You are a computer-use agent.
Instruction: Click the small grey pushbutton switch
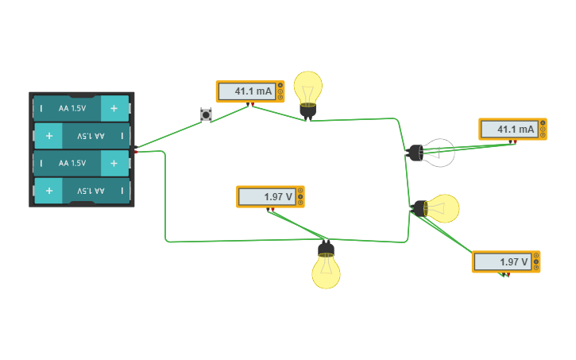206,114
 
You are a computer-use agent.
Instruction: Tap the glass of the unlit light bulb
439,153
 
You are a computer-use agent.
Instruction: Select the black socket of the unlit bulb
416,153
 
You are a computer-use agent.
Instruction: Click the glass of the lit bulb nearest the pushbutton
307,87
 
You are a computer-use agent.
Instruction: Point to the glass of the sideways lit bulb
443,209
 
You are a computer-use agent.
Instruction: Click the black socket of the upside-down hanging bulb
326,250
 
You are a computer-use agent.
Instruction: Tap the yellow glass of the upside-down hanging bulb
326,272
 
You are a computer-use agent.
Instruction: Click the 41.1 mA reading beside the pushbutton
253,91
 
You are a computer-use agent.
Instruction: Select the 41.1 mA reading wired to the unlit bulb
516,130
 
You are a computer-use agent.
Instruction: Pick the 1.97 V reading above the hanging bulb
278,197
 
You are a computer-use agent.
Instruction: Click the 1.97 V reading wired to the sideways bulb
513,262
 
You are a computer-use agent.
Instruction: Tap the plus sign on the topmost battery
114,108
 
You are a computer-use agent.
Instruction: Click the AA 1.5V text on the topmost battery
72,108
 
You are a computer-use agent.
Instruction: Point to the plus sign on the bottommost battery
49,191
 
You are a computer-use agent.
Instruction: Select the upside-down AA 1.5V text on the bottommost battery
91,191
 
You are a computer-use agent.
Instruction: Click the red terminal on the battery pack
136,152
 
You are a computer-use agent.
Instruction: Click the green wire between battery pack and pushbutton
169,134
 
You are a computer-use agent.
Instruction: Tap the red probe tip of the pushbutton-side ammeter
253,105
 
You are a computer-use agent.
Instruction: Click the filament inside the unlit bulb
435,153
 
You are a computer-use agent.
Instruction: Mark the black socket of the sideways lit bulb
419,208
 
